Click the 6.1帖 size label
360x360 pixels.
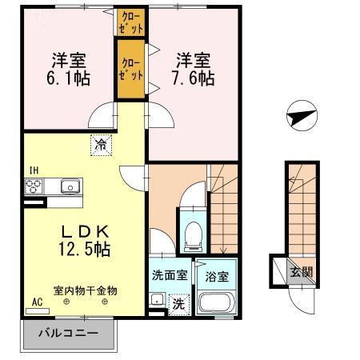[68, 78]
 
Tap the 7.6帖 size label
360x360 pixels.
[194, 78]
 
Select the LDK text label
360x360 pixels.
[85, 232]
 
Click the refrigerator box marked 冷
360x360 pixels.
[101, 145]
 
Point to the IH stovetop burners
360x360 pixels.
[34, 186]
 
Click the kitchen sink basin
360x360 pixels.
[70, 186]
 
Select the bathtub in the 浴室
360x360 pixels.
[217, 302]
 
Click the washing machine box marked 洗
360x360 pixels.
[179, 304]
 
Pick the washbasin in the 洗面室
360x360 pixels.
[157, 299]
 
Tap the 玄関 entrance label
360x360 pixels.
[302, 272]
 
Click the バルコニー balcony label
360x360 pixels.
[69, 333]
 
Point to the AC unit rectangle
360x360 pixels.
[38, 311]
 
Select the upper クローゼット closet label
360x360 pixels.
[131, 22]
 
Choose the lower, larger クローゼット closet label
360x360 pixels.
[131, 69]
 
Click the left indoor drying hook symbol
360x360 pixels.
[66, 302]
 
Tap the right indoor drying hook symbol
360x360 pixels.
[105, 302]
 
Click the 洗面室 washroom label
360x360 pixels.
[170, 275]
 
